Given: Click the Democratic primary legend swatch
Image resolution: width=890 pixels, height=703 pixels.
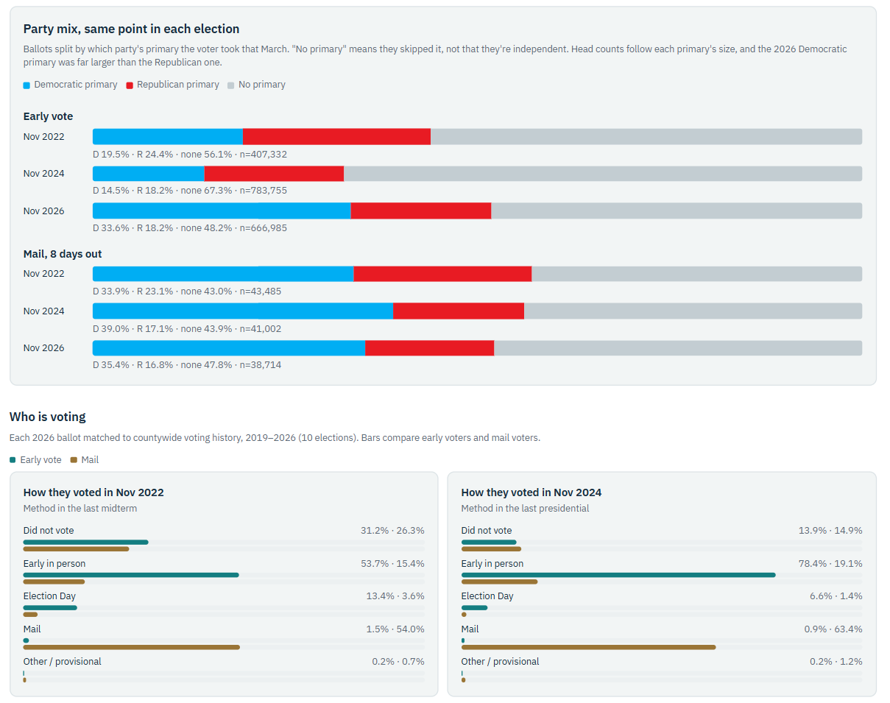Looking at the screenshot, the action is click(27, 85).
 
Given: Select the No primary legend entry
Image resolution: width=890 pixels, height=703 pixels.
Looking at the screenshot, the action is click(256, 85).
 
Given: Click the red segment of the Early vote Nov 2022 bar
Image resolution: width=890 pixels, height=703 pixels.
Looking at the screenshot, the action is click(336, 137).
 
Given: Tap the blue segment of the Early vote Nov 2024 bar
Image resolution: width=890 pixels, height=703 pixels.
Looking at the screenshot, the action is click(149, 174).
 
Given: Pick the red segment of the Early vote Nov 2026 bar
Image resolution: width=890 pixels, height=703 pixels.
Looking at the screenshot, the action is click(421, 211).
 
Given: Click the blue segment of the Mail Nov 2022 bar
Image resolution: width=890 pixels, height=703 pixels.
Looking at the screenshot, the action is click(223, 274).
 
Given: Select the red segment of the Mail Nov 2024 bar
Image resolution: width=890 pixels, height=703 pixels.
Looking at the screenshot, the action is click(459, 311).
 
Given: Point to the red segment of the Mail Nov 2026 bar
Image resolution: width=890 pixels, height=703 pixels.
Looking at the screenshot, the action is click(430, 348).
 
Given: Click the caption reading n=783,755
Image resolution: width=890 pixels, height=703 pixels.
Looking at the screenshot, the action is click(264, 191).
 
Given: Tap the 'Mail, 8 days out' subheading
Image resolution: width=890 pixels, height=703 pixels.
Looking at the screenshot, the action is click(63, 254).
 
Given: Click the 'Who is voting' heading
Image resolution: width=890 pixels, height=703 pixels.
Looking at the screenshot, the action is click(48, 417).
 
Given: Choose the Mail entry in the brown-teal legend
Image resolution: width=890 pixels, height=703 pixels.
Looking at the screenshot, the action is click(85, 460).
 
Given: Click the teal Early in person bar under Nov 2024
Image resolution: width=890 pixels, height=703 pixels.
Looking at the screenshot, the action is click(618, 575).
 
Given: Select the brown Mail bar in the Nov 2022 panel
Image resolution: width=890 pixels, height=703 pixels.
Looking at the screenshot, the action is click(132, 647).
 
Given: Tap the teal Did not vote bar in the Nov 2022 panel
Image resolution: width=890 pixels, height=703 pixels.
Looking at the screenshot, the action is click(85, 542).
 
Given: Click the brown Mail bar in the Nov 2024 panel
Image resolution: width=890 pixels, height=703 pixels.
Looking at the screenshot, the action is click(588, 647).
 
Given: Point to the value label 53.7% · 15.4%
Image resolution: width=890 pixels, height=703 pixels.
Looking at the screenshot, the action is click(392, 564).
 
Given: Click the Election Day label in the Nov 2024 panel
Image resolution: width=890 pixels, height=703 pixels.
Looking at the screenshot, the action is click(487, 596).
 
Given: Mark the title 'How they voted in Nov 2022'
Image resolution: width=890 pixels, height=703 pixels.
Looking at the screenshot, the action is click(93, 492).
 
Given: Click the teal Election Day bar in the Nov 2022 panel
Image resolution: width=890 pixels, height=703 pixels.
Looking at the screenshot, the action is click(50, 608).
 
